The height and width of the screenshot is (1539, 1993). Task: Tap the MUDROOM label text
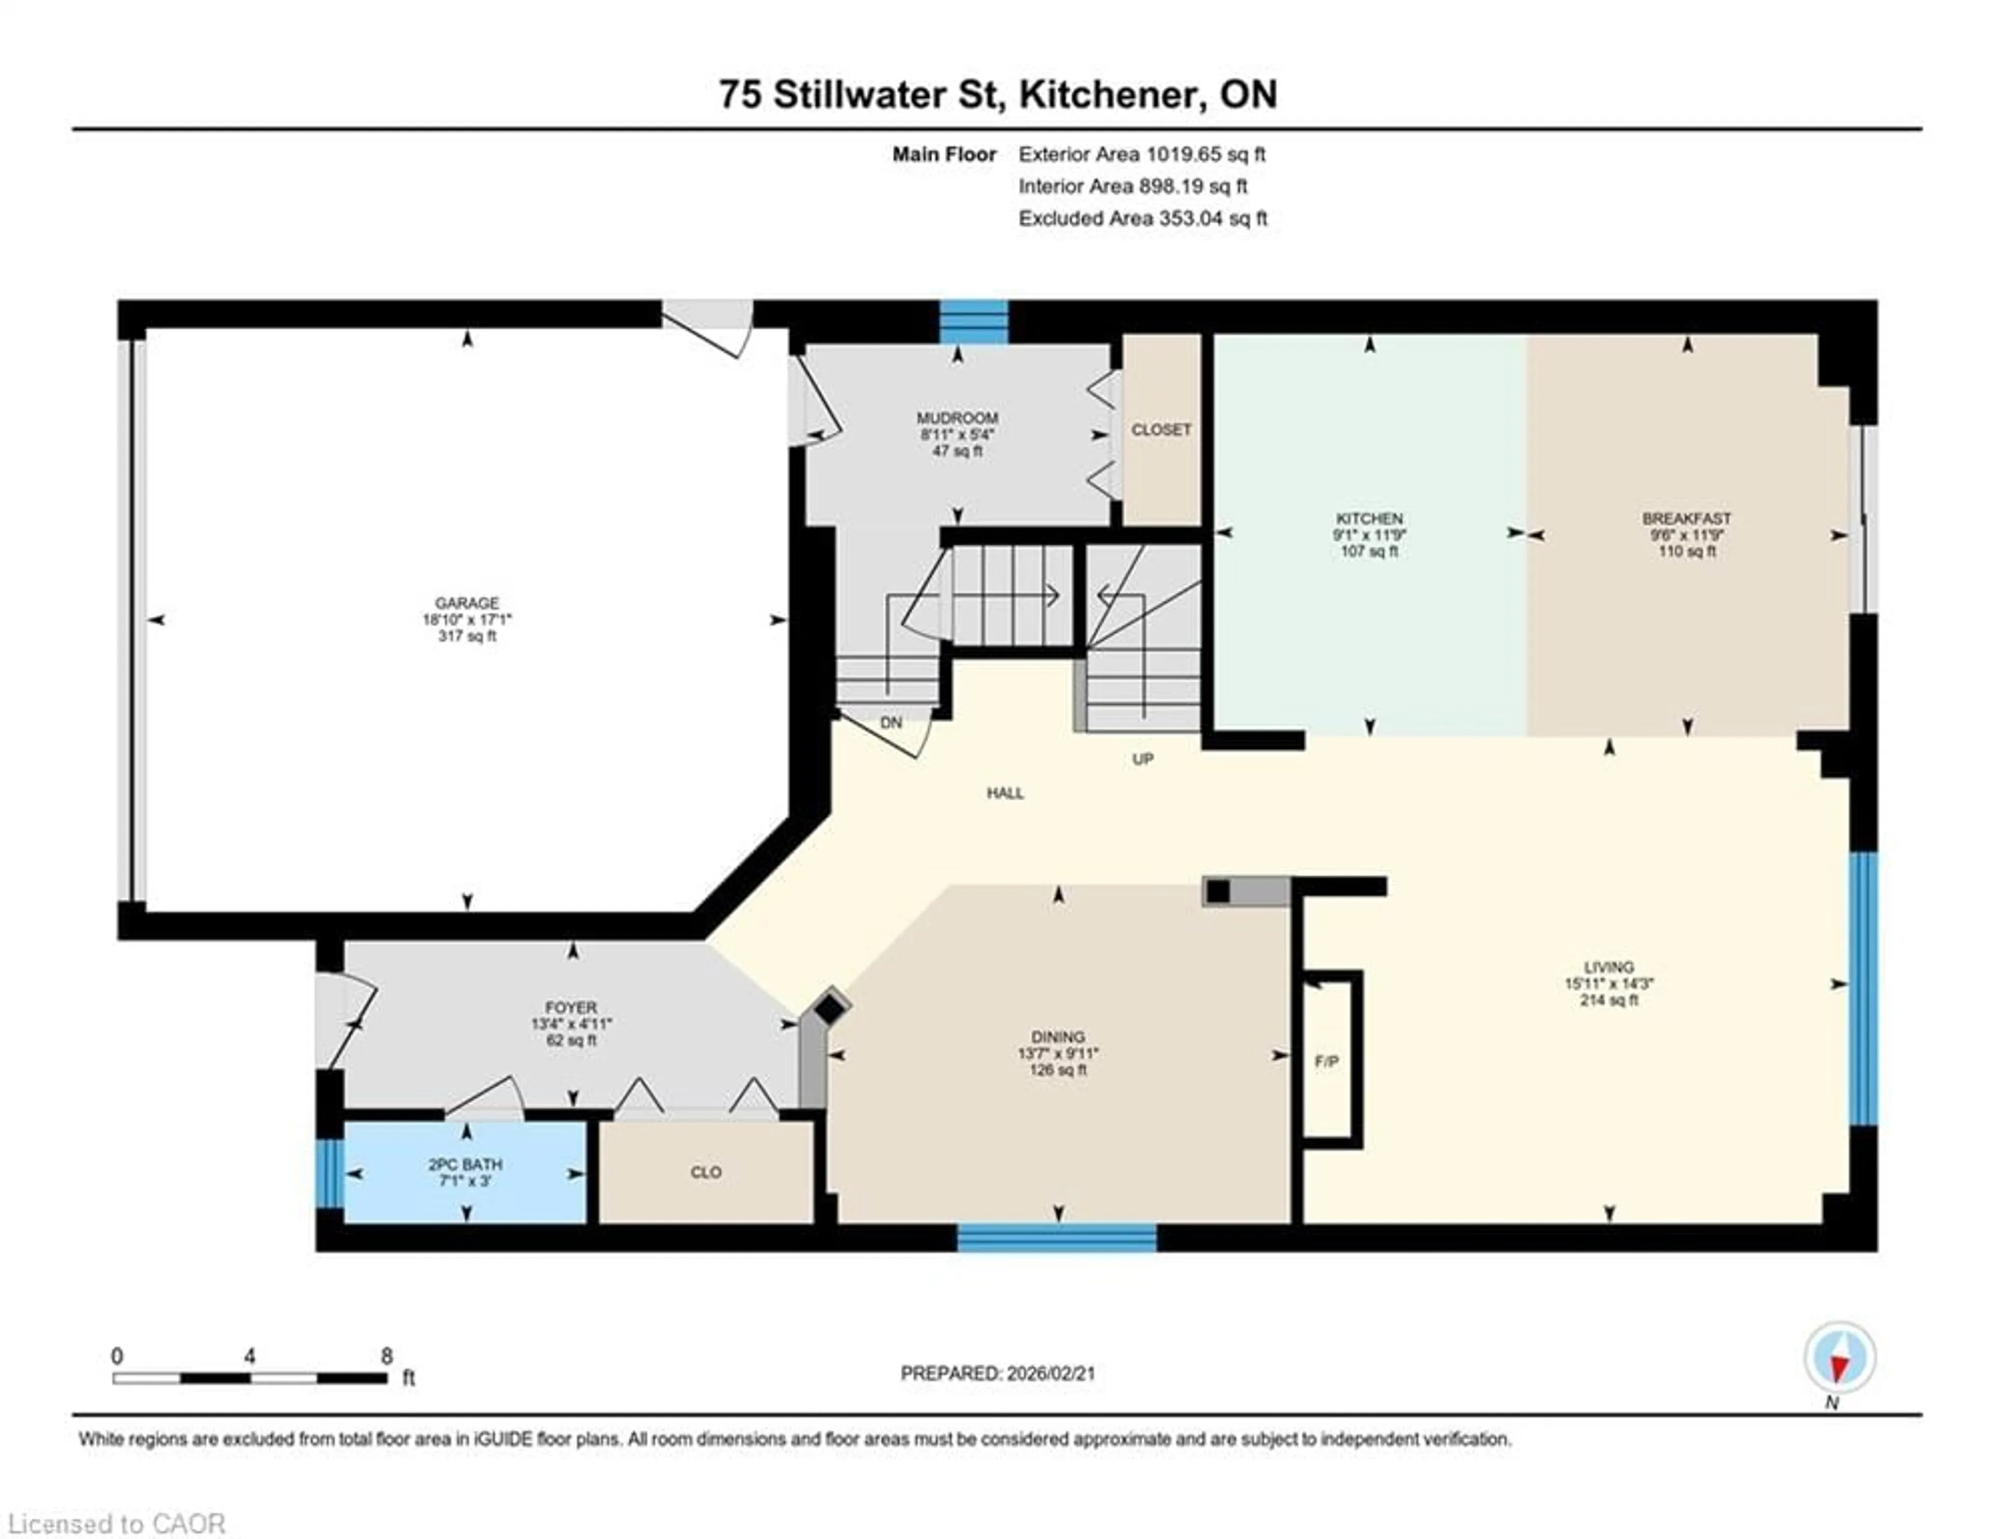[x=957, y=418]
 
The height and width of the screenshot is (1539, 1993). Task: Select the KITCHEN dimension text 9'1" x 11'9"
[x=1369, y=535]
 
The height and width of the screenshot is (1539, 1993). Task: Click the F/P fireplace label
[x=1326, y=1062]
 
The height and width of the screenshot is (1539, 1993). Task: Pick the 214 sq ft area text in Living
[x=1609, y=1000]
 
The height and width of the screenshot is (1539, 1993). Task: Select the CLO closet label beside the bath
[x=705, y=1172]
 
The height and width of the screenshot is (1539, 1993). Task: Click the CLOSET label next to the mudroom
[x=1161, y=429]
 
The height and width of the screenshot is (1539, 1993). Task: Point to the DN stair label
[x=891, y=722]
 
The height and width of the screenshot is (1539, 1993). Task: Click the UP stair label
[x=1142, y=759]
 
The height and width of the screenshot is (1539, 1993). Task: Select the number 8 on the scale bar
[x=387, y=1356]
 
